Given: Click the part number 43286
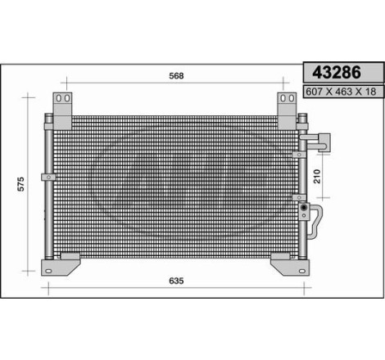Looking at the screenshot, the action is (337, 72).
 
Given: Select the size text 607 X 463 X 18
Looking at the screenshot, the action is (341, 92).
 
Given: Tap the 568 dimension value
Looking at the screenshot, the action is (176, 76).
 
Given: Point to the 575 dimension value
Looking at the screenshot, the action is (21, 184).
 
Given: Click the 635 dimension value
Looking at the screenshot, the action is (176, 281).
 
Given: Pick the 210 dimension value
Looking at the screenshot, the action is (317, 176).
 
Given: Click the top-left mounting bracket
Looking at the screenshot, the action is (62, 111).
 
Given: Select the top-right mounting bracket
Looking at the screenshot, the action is (287, 111).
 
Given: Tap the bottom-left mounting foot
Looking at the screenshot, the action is (61, 264).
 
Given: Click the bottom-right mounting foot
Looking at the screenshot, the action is (290, 264).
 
